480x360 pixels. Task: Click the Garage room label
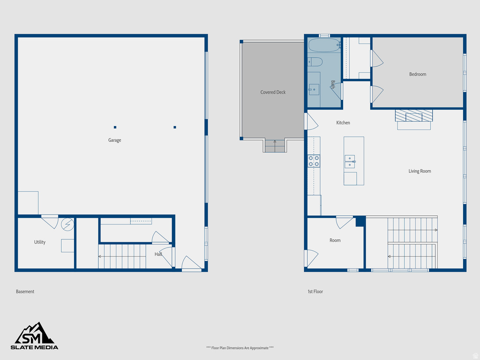114,140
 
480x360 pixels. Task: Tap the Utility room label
40,242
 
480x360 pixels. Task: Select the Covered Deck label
273,92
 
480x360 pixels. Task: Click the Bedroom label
417,74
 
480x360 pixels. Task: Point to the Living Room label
420,171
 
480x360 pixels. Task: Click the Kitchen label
343,123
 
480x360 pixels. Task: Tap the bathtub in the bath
324,45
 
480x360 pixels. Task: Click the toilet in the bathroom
315,61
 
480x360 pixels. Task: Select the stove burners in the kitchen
314,161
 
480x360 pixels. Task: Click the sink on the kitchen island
350,161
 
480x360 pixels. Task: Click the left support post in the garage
115,127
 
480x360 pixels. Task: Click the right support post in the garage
175,127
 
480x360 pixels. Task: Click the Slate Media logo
35,336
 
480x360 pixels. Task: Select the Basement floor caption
25,292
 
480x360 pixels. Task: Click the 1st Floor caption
315,292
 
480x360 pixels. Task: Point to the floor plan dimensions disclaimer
240,348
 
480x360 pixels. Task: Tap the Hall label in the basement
158,254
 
